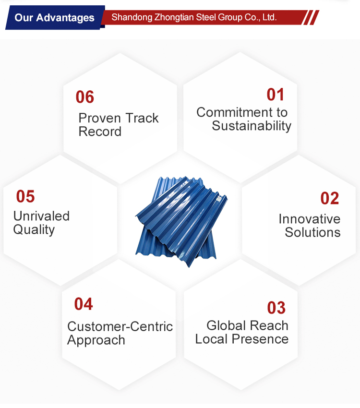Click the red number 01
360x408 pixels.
point(275,95)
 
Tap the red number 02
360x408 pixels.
point(330,198)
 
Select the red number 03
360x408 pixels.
point(276,308)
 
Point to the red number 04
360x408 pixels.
point(84,304)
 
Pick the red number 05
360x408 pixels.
point(25,196)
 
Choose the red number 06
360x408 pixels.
point(85,97)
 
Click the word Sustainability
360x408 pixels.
point(252,126)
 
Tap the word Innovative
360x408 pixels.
point(310,219)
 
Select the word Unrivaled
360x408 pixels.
point(41,216)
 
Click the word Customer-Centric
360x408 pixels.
point(120,326)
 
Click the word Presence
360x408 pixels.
point(260,339)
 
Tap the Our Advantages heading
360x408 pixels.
point(54,18)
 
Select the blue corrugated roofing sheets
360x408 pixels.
point(181,221)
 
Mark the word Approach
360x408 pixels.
point(96,340)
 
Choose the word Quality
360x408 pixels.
point(34,230)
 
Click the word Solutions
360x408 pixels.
point(312,232)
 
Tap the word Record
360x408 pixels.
point(100,132)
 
